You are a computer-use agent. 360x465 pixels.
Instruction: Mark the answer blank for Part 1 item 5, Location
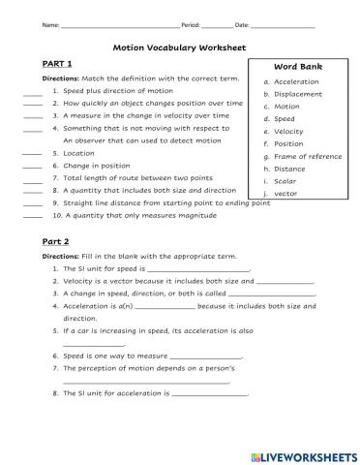(32, 154)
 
